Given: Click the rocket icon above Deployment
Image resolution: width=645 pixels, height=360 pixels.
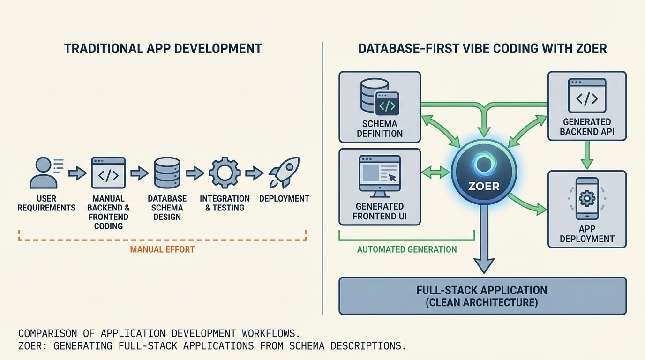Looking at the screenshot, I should tap(284, 173).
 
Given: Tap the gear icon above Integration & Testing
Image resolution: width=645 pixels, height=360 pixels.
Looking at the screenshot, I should tap(225, 173).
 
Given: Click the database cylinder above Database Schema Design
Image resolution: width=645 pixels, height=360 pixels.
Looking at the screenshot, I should tap(167, 173).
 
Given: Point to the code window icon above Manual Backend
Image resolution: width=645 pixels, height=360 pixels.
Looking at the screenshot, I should tap(108, 173).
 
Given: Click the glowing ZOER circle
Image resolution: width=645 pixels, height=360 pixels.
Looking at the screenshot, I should tap(484, 172).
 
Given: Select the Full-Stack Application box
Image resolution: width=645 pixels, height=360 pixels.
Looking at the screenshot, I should tap(482, 296).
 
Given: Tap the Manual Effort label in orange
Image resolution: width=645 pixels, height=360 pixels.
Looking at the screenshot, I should tap(162, 249).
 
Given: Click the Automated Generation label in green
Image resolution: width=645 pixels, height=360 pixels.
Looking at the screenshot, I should tap(407, 249).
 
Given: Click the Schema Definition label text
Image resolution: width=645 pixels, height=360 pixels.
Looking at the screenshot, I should tap(380, 129).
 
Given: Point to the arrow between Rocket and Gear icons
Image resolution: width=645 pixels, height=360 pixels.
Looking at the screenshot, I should tap(254, 173).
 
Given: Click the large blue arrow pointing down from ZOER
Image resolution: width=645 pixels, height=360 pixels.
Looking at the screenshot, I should tap(484, 244).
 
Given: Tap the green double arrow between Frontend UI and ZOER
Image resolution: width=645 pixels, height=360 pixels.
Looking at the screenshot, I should tap(435, 172).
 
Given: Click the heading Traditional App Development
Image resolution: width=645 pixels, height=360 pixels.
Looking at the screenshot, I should tap(163, 48).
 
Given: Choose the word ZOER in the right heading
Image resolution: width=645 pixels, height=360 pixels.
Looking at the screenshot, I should tap(592, 48).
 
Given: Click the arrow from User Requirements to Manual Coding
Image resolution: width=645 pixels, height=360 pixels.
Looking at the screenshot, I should tap(77, 173).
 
